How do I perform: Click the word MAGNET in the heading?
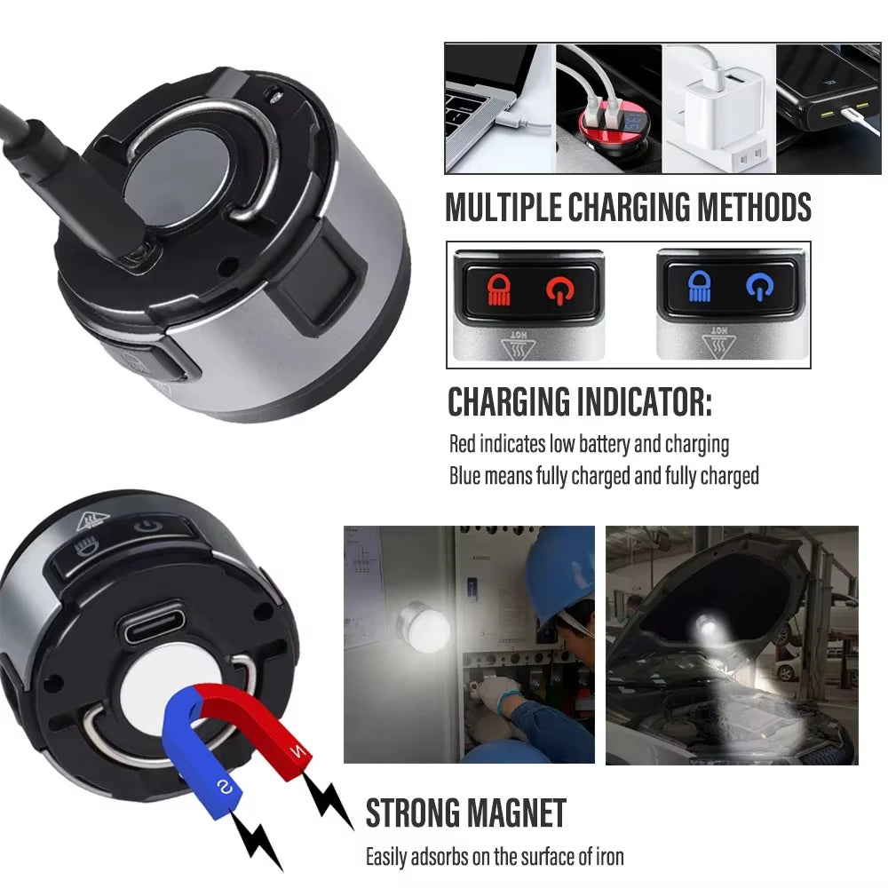[514, 813]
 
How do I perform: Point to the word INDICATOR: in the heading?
[629, 401]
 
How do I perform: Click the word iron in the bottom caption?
[605, 857]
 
